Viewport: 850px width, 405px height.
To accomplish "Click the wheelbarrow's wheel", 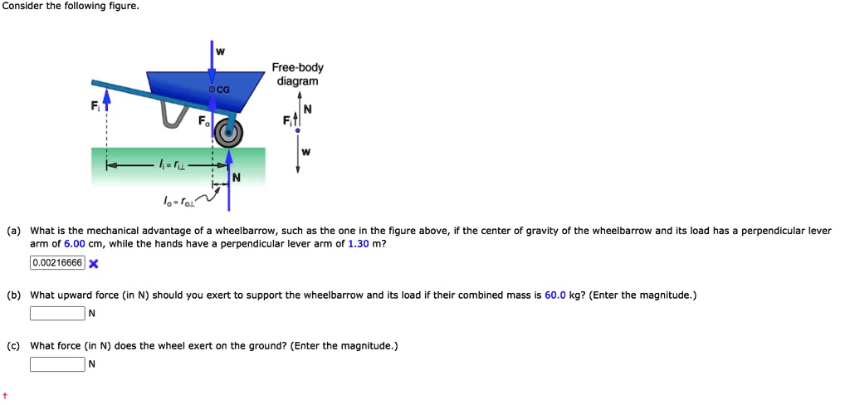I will [x=229, y=133].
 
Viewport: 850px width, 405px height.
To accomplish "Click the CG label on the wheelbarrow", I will [x=223, y=89].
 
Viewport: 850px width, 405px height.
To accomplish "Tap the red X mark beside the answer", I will [x=94, y=264].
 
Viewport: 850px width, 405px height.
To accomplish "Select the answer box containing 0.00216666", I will [x=57, y=263].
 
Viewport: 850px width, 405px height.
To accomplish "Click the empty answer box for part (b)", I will [x=57, y=313].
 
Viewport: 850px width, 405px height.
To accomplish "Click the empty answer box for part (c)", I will [x=57, y=364].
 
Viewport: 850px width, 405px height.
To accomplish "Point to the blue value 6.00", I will [x=75, y=244].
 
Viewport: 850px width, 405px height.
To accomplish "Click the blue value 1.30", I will [x=359, y=244].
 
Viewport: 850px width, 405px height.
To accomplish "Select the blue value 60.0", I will [x=555, y=295].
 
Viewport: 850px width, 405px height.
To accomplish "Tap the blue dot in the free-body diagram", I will [x=298, y=130].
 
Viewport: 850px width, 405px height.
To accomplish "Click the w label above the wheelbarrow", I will [x=220, y=52].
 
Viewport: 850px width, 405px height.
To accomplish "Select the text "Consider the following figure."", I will [x=64, y=7].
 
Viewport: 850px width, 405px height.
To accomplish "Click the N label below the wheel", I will [x=237, y=177].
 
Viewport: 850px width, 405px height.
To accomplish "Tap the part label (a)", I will [x=13, y=231].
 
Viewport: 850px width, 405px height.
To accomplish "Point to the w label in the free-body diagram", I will [x=306, y=151].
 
